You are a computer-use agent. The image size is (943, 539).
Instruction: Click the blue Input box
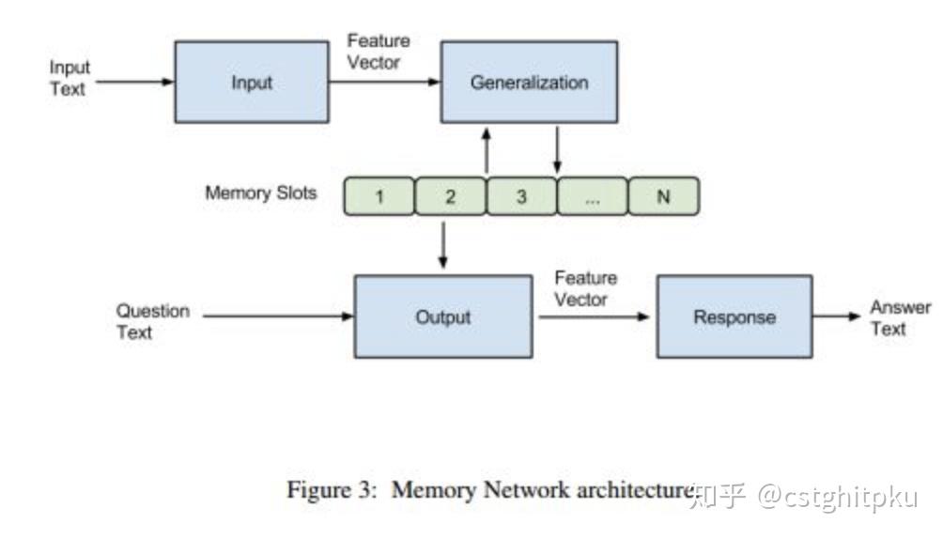pos(251,82)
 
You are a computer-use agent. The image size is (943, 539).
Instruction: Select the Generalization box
pos(529,82)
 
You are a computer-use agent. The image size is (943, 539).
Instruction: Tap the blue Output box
pos(442,316)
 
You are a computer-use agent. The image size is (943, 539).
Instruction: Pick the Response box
pos(734,316)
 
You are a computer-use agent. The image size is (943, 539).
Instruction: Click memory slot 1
pos(379,197)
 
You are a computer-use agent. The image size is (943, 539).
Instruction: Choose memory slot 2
pos(451,197)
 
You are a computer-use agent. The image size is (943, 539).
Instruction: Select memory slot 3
pos(522,197)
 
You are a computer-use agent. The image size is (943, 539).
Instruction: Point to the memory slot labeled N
pos(663,197)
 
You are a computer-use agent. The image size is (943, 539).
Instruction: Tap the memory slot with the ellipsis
pos(593,197)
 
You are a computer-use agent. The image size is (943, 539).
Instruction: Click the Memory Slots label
pos(261,194)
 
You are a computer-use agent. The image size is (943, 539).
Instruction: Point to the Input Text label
pos(70,79)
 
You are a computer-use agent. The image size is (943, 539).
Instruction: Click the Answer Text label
pos(900,318)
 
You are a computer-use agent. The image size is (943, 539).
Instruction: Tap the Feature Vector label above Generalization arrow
pos(378,52)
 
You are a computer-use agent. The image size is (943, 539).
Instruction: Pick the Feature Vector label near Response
pos(585,288)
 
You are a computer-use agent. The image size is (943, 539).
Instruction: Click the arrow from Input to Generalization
pos(385,82)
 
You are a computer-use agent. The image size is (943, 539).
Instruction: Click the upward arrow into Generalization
pos(487,150)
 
